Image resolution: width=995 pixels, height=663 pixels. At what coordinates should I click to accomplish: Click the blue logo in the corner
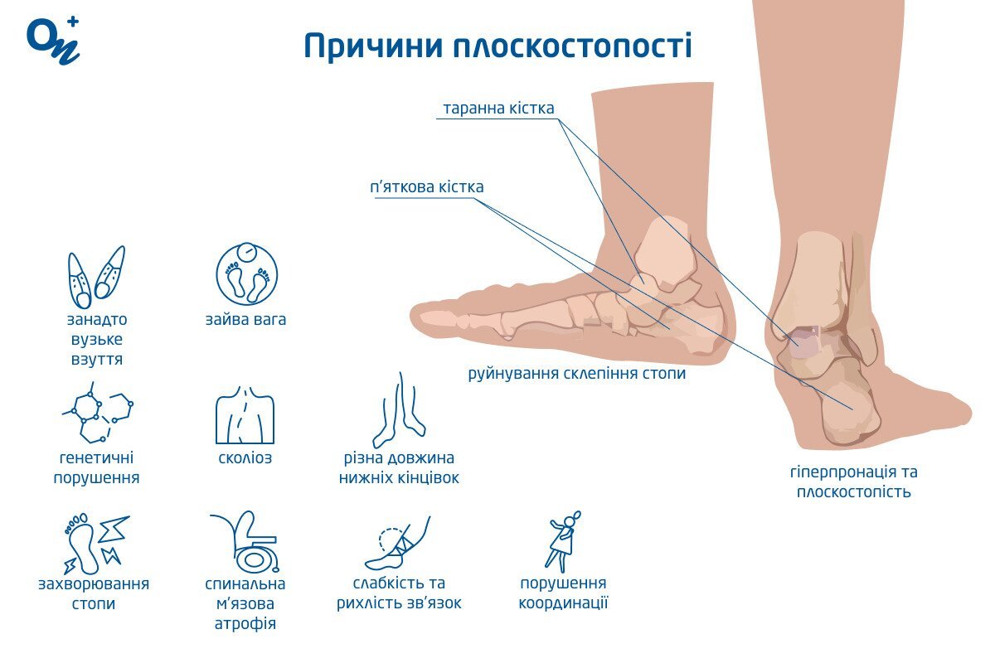(x=53, y=41)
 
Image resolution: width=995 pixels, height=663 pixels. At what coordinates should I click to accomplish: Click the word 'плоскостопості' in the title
(x=572, y=46)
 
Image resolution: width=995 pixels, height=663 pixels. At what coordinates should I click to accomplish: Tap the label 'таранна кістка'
(x=498, y=109)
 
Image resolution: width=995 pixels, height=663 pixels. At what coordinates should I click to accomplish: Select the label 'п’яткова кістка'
(x=427, y=187)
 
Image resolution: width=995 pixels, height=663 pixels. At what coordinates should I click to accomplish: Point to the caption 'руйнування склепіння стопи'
(x=576, y=374)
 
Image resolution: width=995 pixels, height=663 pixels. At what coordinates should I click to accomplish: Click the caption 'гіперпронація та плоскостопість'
(x=854, y=482)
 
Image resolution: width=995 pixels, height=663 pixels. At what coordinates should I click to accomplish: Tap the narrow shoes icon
(x=96, y=277)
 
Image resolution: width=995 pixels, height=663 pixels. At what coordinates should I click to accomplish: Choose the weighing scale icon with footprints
(x=247, y=274)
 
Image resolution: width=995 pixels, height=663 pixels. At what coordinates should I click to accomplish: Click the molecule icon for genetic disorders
(x=98, y=412)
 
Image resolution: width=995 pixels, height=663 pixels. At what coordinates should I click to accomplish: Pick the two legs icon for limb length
(x=399, y=410)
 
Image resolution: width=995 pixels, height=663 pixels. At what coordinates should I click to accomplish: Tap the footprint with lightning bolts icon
(x=96, y=544)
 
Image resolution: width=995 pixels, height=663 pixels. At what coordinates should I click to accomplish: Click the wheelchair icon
(x=245, y=542)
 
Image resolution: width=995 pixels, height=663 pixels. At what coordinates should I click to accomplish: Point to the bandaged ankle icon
(x=397, y=543)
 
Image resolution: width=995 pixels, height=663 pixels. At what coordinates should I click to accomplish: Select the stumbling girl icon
(x=563, y=542)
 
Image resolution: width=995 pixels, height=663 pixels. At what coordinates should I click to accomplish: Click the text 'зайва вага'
(x=245, y=320)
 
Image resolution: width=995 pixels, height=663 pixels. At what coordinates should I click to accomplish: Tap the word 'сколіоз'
(x=245, y=457)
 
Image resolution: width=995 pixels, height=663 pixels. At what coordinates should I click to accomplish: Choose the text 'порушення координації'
(x=563, y=593)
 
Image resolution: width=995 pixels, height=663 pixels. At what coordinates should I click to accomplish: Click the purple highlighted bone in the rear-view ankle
(x=803, y=342)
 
